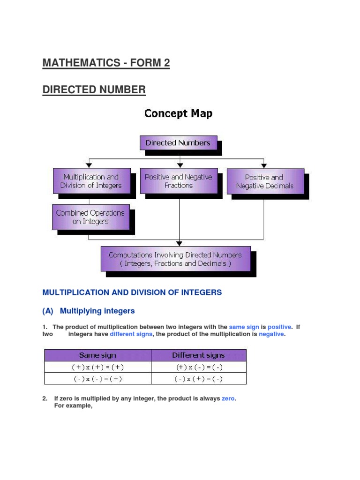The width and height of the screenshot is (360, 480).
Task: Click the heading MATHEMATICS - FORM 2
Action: click(106, 63)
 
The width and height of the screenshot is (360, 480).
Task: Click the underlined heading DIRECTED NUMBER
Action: click(94, 90)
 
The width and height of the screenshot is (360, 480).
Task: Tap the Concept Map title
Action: click(178, 113)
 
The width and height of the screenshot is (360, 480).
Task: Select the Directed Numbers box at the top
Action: click(178, 143)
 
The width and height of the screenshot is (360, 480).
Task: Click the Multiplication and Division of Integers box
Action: click(90, 181)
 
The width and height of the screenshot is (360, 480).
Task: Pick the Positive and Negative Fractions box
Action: click(179, 181)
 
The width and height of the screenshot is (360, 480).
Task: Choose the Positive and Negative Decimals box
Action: click(265, 181)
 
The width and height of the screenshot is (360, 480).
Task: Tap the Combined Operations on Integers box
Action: click(90, 217)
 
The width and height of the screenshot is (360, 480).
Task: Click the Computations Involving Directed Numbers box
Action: click(175, 259)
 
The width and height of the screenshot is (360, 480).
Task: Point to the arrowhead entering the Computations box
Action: click(179, 243)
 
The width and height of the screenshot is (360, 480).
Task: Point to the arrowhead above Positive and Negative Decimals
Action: click(264, 165)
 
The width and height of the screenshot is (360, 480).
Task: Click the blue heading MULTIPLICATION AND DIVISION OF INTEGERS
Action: click(132, 292)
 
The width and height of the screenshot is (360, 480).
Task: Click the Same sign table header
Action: click(97, 355)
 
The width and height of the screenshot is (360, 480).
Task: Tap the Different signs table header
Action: click(198, 355)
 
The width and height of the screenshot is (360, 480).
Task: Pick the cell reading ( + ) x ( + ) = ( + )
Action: click(97, 367)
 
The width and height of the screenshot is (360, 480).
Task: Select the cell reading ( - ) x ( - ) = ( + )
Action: click(97, 379)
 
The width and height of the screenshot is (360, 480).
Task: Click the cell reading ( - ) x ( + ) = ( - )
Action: click(198, 379)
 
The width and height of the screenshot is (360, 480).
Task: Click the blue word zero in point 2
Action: click(228, 398)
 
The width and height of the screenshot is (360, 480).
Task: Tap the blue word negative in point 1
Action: click(271, 334)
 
